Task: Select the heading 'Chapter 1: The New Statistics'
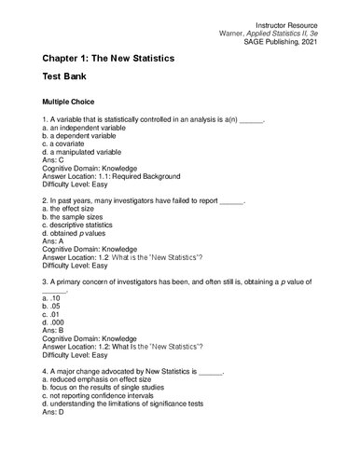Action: tap(120, 59)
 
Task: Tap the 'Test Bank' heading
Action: tap(69, 77)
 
